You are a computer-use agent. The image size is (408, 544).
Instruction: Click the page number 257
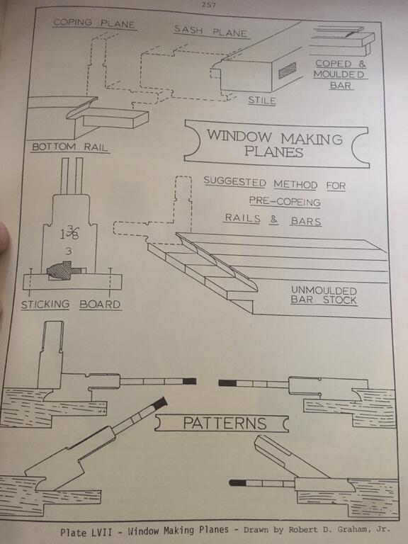(x=208, y=4)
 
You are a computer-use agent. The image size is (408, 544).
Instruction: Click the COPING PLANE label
(x=94, y=23)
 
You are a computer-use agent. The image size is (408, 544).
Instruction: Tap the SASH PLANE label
(x=210, y=31)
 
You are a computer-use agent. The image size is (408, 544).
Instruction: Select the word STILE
(x=262, y=101)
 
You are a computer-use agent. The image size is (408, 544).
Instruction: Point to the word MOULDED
(x=339, y=74)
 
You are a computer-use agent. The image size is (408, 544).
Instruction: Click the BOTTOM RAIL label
(x=69, y=147)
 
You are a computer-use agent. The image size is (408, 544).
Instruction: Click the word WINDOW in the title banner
(x=239, y=135)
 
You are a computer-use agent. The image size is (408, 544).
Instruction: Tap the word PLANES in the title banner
(x=273, y=152)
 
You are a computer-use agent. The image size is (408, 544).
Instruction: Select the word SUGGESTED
(x=235, y=181)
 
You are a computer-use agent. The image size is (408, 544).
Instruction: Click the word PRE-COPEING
(x=285, y=201)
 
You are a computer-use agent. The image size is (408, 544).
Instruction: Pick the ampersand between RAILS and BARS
(x=273, y=220)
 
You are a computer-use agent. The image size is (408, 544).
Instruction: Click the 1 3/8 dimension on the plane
(x=69, y=232)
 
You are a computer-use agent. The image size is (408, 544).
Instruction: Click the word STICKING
(x=45, y=305)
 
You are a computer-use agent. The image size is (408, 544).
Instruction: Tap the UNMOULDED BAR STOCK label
(x=324, y=295)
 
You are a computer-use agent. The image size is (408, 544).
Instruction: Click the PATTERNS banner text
(x=225, y=423)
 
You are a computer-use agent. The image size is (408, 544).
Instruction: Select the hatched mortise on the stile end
(x=288, y=70)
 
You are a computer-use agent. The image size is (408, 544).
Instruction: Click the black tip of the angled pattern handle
(x=160, y=402)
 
